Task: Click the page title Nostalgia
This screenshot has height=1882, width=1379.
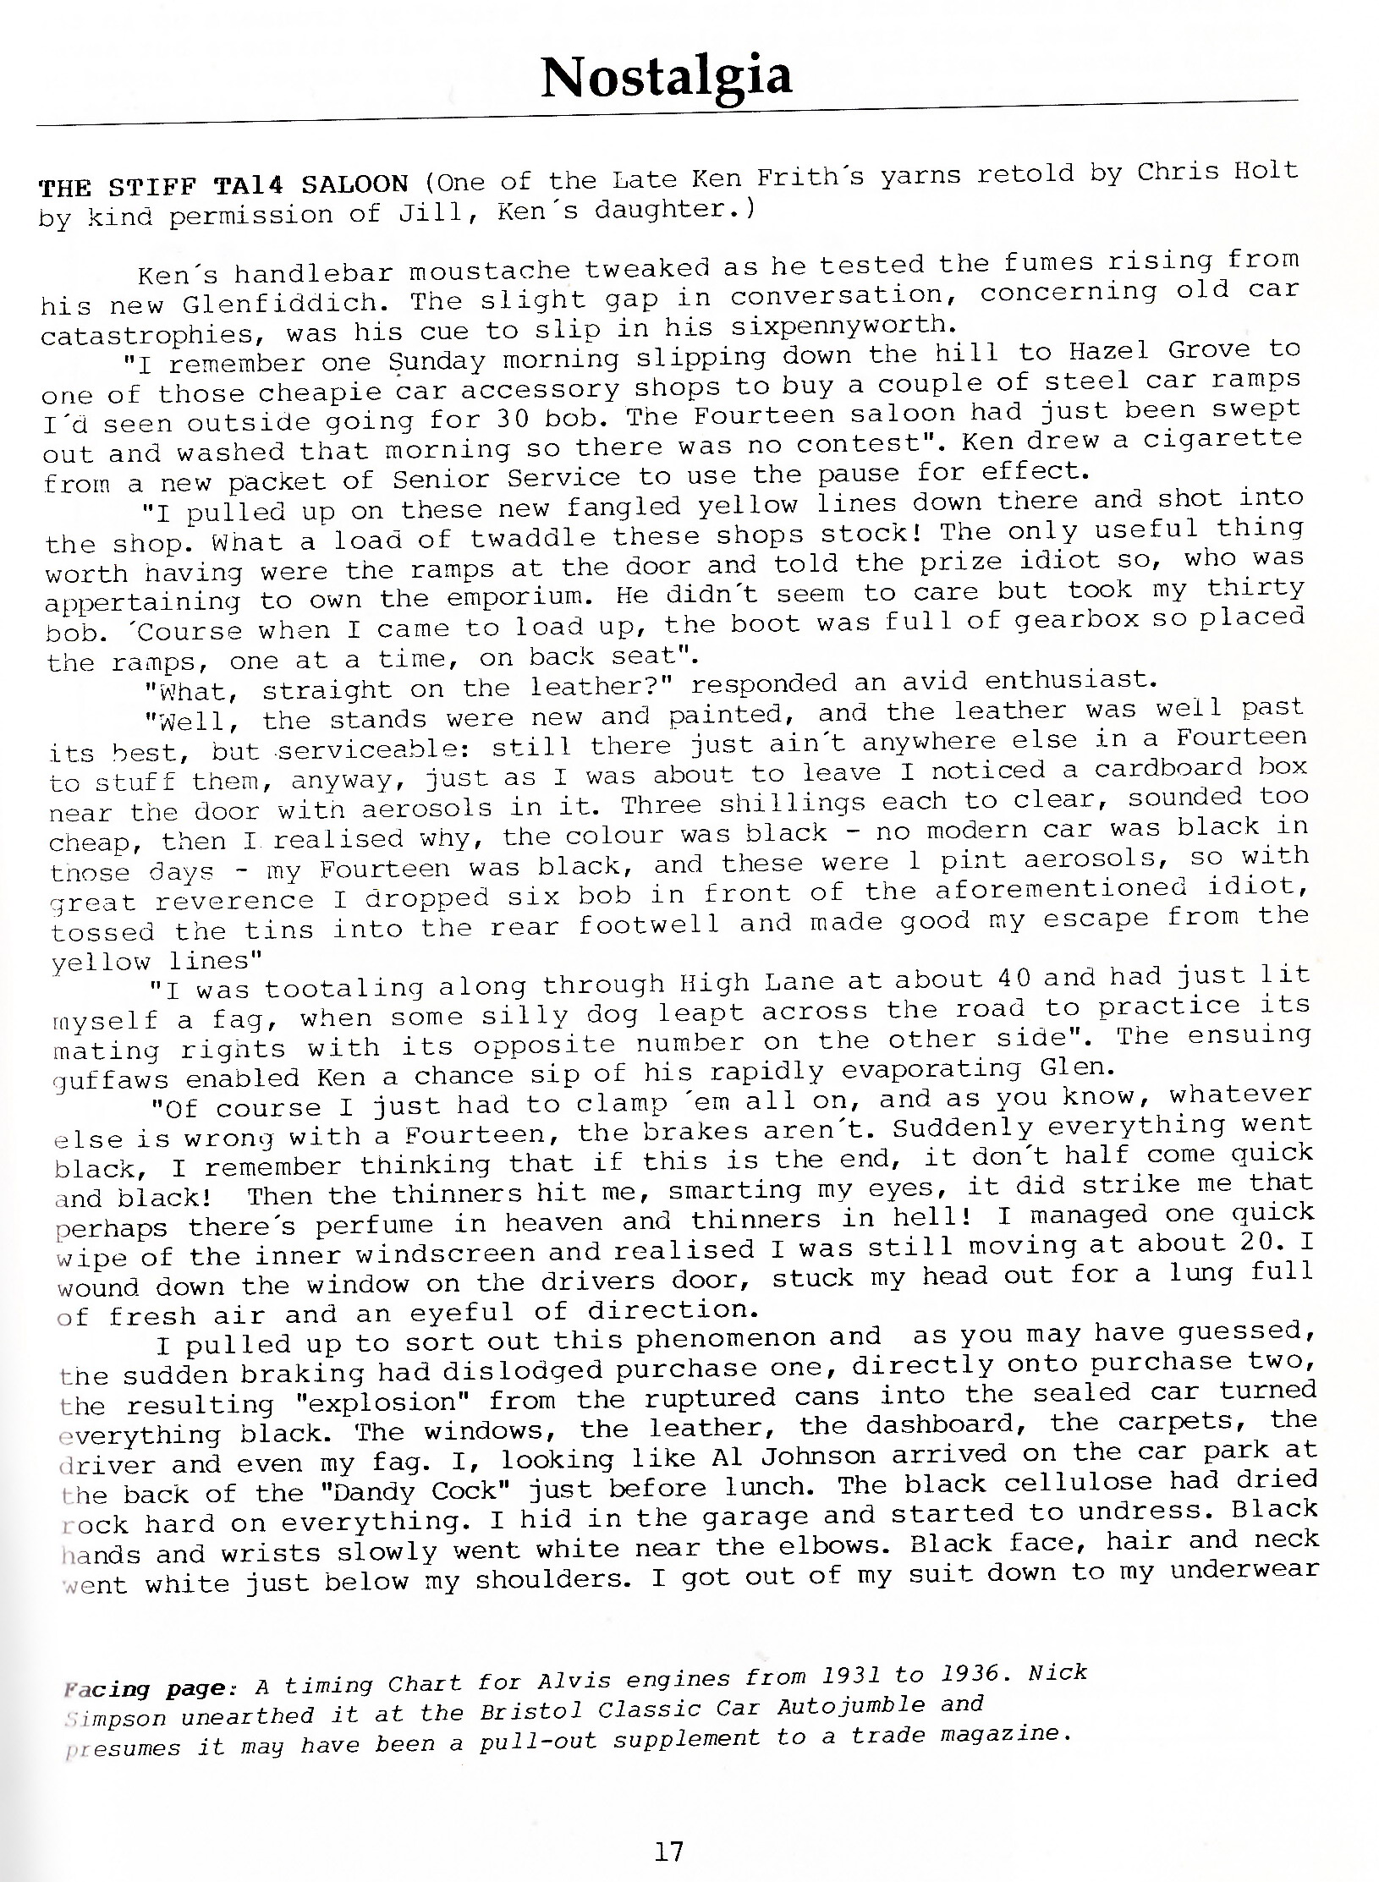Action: click(667, 78)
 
